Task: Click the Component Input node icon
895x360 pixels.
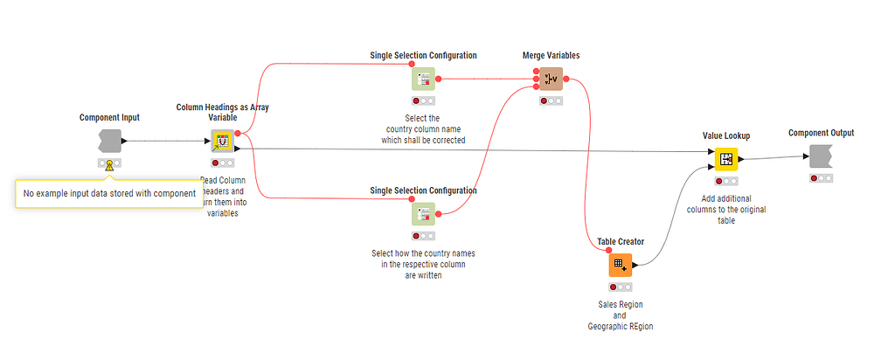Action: click(110, 141)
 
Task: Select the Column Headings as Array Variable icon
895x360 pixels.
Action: click(223, 141)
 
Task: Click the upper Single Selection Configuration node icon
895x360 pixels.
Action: click(424, 79)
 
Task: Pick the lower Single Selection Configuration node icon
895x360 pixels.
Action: click(424, 214)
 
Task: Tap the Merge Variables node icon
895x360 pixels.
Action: click(551, 79)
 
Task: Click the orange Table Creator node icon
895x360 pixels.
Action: click(621, 265)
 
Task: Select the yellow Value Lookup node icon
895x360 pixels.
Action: click(726, 159)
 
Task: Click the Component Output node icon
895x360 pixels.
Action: click(821, 156)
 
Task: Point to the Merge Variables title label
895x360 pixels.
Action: click(551, 55)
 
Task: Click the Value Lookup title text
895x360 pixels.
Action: click(726, 135)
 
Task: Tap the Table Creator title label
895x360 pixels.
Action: click(621, 241)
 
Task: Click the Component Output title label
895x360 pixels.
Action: click(821, 133)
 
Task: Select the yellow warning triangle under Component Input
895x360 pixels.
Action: click(109, 165)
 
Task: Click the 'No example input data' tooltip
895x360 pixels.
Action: click(108, 193)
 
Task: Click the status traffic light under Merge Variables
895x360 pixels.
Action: click(551, 100)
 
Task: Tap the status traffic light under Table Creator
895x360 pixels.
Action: click(621, 287)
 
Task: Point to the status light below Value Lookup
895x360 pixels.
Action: click(726, 181)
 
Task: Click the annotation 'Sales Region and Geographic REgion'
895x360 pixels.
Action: click(621, 315)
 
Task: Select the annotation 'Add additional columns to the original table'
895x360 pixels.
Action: click(726, 210)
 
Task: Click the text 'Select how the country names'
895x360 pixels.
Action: click(423, 253)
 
